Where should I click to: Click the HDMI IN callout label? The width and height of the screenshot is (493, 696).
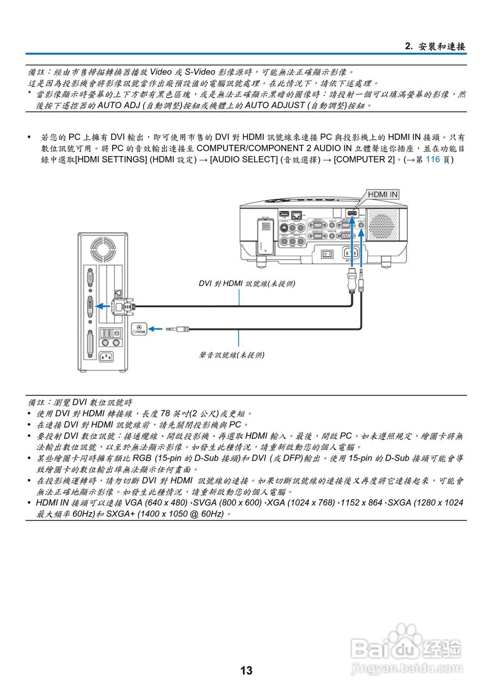tap(383, 194)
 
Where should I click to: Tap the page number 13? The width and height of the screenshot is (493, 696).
tap(246, 670)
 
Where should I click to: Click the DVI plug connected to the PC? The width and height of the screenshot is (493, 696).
tap(121, 306)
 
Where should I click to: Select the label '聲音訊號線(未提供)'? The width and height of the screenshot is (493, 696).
tap(232, 355)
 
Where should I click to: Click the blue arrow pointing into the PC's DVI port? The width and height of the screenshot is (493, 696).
tap(103, 306)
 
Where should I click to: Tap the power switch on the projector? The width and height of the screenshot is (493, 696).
tap(326, 253)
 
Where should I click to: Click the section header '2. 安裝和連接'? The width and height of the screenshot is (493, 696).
tap(435, 46)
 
